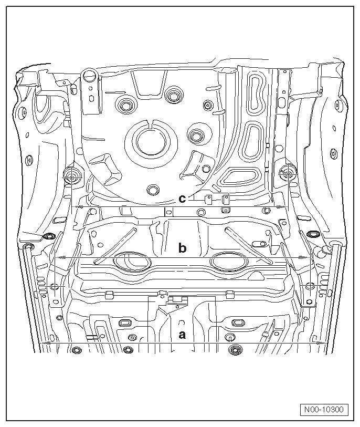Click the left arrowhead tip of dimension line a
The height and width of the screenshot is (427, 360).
point(41,343)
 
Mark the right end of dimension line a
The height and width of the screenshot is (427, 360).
point(325,343)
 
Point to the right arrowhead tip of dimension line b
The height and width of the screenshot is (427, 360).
point(309,257)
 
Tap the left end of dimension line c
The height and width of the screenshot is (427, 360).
point(72,207)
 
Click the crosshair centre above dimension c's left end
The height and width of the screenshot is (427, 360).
point(72,176)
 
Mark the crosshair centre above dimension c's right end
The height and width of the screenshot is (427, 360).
point(288,173)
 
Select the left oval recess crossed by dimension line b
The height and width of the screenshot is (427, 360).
point(132,262)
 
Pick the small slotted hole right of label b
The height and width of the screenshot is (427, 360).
point(259,243)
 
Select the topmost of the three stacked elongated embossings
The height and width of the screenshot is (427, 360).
point(256,93)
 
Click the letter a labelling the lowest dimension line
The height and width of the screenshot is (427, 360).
point(182,335)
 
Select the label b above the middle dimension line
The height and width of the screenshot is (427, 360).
point(182,247)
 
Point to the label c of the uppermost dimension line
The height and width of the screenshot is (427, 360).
point(182,199)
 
